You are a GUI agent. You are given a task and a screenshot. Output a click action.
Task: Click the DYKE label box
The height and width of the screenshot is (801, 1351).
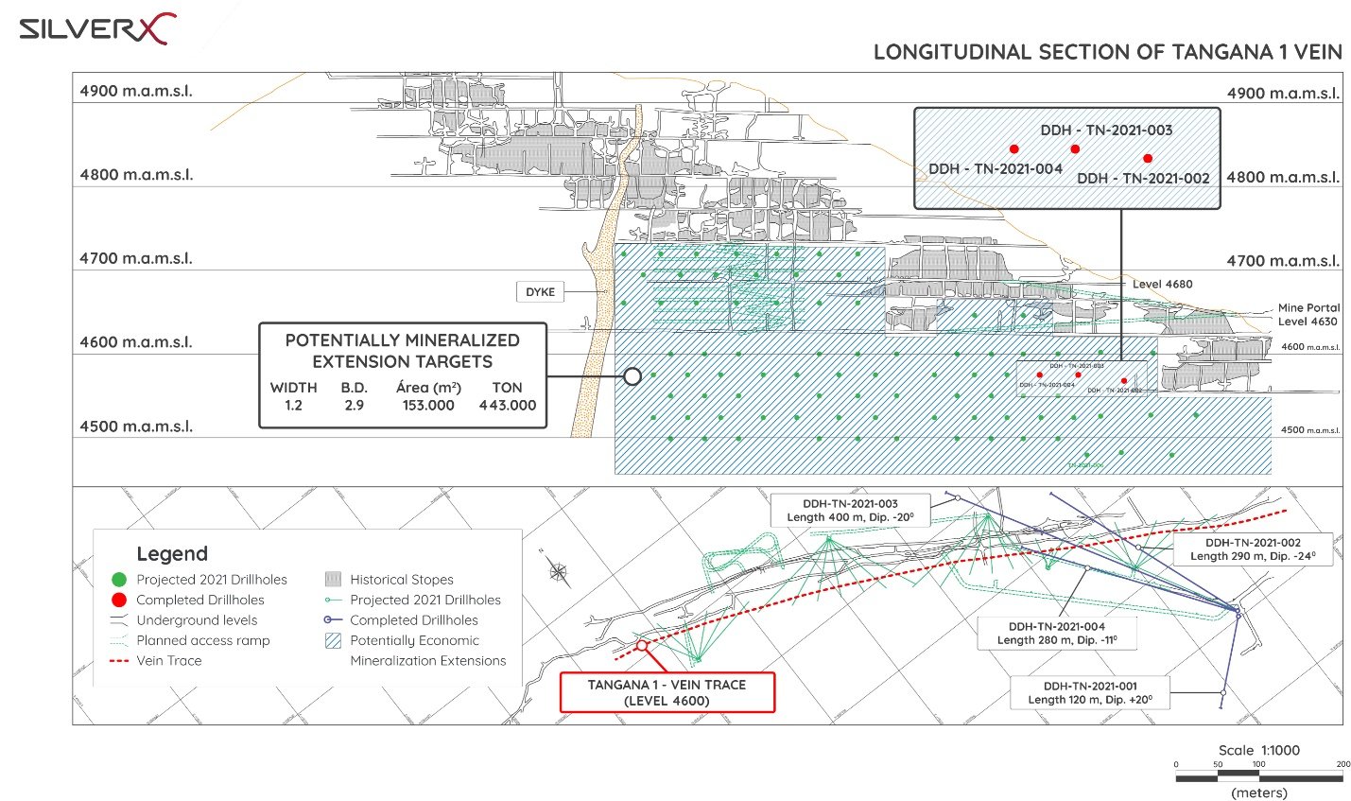point(540,291)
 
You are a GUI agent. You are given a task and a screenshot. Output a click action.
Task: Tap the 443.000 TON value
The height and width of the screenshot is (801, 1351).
point(507,405)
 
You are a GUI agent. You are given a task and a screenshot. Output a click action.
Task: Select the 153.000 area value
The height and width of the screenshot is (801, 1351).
point(428,405)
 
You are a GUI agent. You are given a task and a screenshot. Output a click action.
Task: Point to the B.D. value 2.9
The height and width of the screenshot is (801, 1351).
point(355,405)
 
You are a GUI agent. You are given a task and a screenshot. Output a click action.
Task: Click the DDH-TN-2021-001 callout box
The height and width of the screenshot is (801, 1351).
point(1090,692)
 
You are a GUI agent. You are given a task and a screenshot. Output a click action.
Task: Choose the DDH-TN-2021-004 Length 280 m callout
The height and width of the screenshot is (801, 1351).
point(1056,633)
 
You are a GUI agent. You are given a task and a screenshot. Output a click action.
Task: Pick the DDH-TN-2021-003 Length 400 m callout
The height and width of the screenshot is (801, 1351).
point(850,511)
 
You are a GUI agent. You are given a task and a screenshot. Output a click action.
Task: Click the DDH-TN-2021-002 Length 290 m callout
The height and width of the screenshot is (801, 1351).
point(1253,549)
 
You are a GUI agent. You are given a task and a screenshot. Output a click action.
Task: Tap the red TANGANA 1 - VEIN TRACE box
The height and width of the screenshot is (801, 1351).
point(667,692)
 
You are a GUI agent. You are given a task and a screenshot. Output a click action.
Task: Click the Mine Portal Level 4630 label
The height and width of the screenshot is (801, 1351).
point(1308,314)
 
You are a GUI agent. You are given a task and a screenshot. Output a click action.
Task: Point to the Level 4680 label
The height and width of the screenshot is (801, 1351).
point(1162,284)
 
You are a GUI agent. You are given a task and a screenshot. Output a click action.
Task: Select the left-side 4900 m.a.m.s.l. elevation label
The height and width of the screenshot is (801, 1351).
point(136,91)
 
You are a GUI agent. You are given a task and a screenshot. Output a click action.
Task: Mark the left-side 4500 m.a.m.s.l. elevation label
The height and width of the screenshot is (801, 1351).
point(136,426)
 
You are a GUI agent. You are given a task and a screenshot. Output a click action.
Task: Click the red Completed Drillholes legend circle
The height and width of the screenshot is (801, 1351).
point(119,600)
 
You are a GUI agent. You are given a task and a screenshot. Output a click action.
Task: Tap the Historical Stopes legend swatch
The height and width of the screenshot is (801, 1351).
point(333,579)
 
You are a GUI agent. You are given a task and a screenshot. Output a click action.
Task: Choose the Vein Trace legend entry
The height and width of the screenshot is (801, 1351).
point(168,660)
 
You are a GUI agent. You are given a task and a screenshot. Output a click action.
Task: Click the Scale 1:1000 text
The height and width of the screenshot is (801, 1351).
point(1258,750)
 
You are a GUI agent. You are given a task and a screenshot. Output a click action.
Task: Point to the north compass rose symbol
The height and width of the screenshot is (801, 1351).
point(558,570)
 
